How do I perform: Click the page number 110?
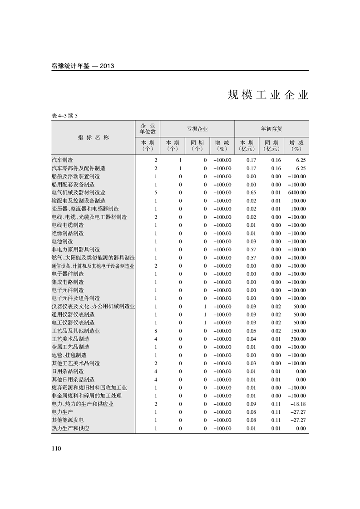[56, 449]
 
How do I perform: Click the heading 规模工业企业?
[268, 95]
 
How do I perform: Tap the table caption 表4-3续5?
[65, 116]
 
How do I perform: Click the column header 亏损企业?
[197, 129]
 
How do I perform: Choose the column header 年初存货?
[271, 129]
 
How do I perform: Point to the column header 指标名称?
[94, 137]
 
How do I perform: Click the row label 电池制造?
[63, 241]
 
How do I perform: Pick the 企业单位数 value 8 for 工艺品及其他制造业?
[156, 331]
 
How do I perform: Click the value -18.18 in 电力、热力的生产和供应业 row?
[298, 404]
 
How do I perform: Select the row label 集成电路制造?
[68, 282]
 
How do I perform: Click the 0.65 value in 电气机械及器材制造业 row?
[252, 192]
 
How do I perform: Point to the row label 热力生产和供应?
[70, 428]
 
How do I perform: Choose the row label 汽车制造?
[63, 160]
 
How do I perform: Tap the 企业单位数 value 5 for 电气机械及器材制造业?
[156, 192]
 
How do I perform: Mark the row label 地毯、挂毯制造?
[69, 355]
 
